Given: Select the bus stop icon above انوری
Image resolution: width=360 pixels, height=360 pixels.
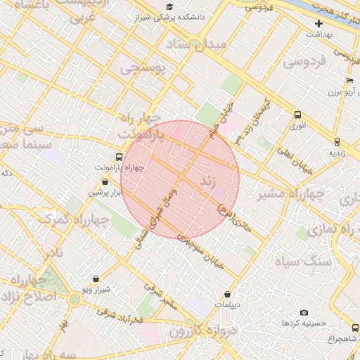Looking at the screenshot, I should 297,115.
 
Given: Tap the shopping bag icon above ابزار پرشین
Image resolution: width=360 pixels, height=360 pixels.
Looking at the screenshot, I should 105,181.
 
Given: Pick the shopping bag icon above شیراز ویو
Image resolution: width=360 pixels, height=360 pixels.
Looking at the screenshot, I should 96,278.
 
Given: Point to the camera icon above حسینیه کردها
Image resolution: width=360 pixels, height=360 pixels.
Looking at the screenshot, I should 304,312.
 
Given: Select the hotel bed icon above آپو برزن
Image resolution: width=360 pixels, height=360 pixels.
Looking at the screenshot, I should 349,82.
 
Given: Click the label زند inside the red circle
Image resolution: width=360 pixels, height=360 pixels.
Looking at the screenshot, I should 207,181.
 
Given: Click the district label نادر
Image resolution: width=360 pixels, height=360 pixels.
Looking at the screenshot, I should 51,252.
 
